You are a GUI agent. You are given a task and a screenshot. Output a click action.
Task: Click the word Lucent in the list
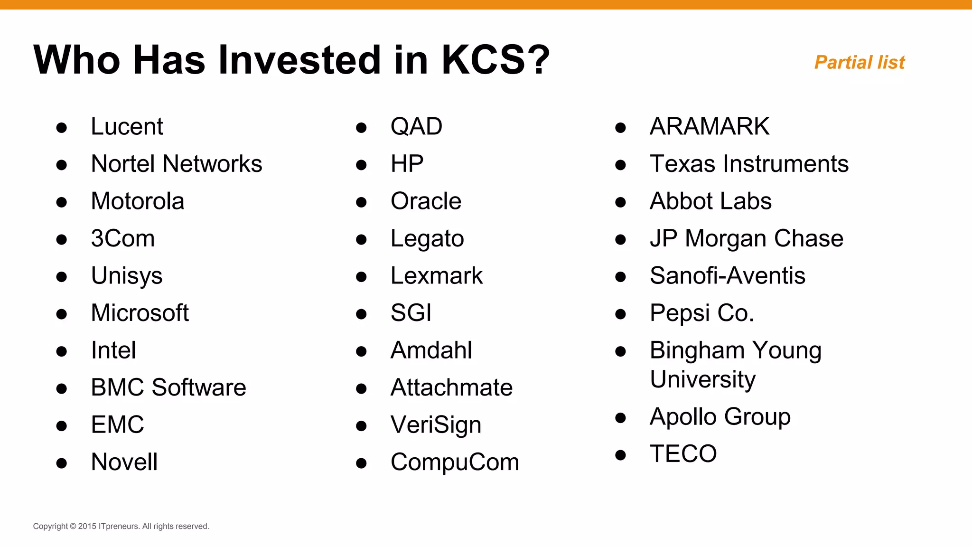(x=127, y=127)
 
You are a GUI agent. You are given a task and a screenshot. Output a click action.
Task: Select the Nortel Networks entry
(x=176, y=164)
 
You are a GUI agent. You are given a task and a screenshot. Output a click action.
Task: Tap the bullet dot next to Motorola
(x=61, y=202)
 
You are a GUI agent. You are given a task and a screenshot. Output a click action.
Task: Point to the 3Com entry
(x=122, y=238)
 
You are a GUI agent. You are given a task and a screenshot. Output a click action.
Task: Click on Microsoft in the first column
(x=140, y=313)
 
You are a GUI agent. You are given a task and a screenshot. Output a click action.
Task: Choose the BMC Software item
(x=168, y=387)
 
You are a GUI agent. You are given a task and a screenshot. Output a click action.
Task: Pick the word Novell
(x=124, y=462)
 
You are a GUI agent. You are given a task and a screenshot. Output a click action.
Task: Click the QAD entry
(x=416, y=127)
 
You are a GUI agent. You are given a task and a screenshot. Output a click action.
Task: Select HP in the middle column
(x=407, y=164)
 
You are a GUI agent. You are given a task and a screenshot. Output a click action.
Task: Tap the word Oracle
(x=426, y=201)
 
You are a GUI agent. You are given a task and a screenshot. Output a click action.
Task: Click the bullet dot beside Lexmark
(x=361, y=277)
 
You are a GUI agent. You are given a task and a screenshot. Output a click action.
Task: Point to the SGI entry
(x=411, y=313)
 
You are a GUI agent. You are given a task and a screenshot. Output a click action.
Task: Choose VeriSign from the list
(x=436, y=425)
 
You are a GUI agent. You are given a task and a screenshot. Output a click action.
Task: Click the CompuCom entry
(x=455, y=462)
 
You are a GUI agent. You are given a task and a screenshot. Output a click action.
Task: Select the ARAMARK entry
(x=709, y=127)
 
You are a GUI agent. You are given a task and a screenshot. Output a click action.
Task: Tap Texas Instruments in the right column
(x=749, y=164)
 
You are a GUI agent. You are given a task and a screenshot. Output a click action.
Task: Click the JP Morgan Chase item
(x=746, y=238)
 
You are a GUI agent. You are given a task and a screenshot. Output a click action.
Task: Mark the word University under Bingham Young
(x=702, y=380)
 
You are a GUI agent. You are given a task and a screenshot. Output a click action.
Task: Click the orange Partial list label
(x=860, y=63)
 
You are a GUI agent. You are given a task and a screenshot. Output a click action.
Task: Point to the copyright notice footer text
(x=121, y=526)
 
